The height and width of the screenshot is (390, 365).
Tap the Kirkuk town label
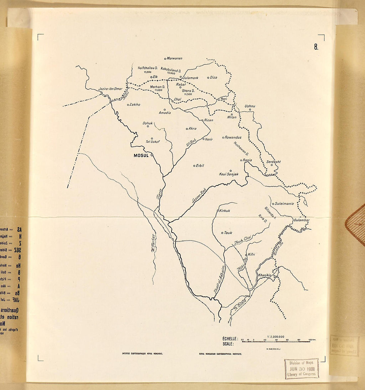[225, 210]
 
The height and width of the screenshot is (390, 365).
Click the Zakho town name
[135, 105]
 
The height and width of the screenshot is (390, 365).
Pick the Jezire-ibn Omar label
[110, 89]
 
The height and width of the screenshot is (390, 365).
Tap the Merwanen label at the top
[175, 59]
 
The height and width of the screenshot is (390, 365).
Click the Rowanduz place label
[233, 137]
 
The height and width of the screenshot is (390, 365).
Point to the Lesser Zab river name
[199, 195]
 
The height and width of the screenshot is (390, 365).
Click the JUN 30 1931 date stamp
[302, 368]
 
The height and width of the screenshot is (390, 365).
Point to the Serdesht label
[274, 162]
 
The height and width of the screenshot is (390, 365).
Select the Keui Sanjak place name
[229, 174]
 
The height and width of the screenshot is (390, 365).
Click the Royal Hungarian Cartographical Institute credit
[220, 354]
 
